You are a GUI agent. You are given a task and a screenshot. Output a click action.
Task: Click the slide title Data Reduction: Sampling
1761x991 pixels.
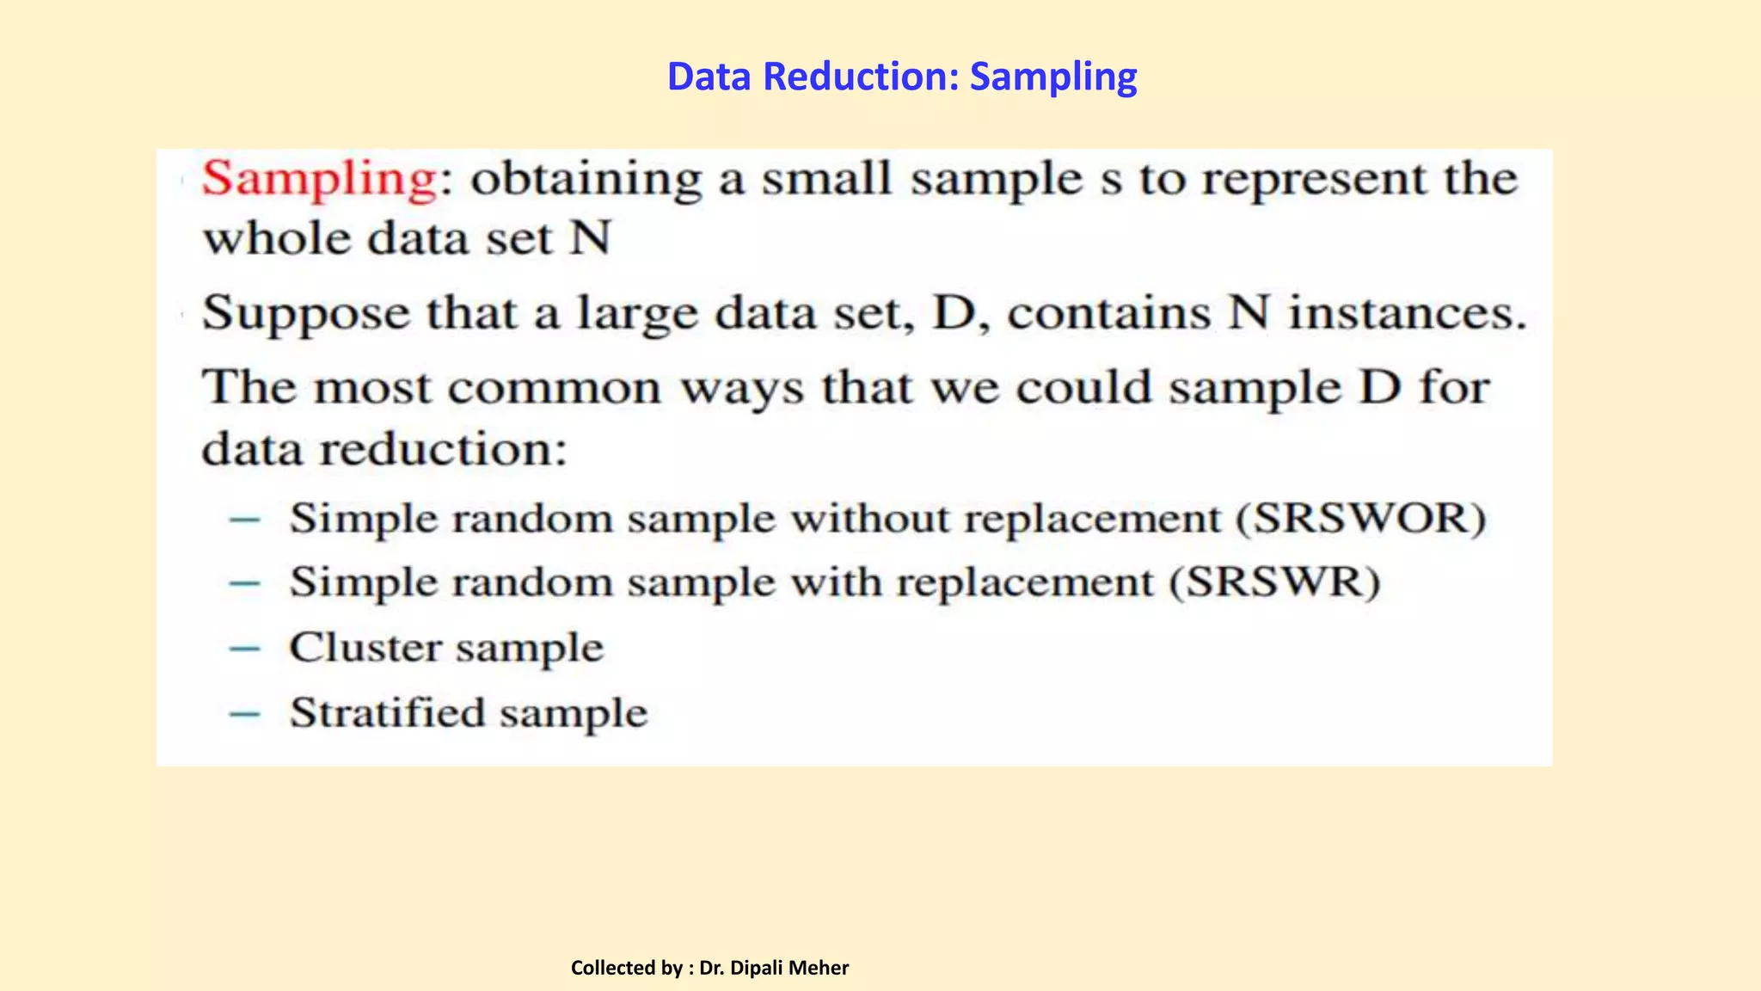902,77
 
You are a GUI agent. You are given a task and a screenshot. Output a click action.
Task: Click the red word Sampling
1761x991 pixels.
319,179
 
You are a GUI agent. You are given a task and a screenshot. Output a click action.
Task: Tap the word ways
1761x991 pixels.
742,389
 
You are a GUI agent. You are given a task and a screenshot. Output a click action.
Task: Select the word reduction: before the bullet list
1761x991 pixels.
444,448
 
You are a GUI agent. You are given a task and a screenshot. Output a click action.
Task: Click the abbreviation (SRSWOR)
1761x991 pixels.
1361,518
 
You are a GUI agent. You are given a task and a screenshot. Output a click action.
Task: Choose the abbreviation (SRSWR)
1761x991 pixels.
1274,582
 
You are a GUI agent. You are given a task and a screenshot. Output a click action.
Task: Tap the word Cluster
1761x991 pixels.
365,647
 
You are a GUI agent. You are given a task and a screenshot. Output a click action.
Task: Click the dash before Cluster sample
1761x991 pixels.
245,649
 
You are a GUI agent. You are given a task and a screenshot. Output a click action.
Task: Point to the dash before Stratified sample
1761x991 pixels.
245,713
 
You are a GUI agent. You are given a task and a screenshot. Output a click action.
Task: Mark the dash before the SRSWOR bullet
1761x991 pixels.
245,519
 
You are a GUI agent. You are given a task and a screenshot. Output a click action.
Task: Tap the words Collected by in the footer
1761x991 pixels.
626,968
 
